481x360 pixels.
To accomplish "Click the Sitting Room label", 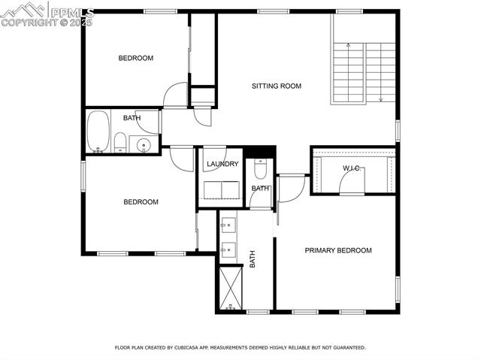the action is coord(277,86).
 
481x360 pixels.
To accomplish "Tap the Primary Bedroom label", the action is coord(338,250).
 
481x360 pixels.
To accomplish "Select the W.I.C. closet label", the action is coord(352,168).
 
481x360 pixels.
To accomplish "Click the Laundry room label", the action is coord(222,164).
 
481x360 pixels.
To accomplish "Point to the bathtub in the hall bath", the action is coord(98,132).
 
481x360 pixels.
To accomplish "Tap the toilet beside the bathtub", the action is coord(120,143).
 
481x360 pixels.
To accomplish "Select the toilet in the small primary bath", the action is coord(261,169).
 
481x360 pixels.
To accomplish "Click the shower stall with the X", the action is coord(231,288).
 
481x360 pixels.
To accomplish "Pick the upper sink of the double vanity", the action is coord(228,225).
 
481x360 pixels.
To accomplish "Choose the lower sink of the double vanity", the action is coord(228,250).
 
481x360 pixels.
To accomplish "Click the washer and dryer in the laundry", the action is coord(222,190).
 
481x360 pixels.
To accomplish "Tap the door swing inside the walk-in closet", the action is coord(352,181).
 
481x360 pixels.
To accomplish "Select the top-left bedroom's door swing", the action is coord(175,95).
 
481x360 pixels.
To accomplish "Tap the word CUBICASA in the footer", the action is coord(186,347).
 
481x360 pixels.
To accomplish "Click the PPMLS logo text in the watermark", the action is coord(72,13).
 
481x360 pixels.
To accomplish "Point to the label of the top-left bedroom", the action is coord(136,58).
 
